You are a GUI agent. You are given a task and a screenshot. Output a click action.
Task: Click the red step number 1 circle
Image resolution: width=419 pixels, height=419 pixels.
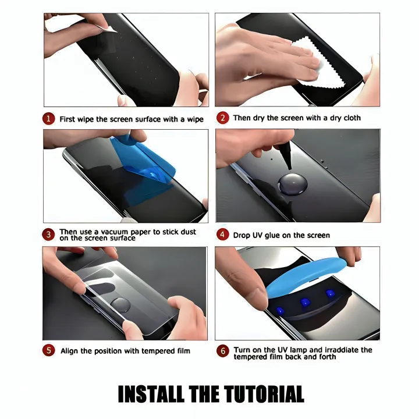49,119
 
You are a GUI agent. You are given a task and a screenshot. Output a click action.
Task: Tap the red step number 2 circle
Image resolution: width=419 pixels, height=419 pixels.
222,118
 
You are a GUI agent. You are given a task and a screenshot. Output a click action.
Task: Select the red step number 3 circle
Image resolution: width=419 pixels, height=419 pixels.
49,235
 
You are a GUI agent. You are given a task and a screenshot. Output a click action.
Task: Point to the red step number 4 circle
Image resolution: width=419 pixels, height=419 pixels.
222,235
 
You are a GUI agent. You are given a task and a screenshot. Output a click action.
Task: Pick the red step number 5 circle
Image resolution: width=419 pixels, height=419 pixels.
49,351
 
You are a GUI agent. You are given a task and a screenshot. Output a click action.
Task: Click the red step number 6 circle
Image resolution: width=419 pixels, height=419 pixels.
222,351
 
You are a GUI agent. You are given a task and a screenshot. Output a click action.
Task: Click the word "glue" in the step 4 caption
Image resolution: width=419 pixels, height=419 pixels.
275,236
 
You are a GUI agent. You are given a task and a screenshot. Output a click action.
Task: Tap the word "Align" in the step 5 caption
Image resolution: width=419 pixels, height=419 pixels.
69,351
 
